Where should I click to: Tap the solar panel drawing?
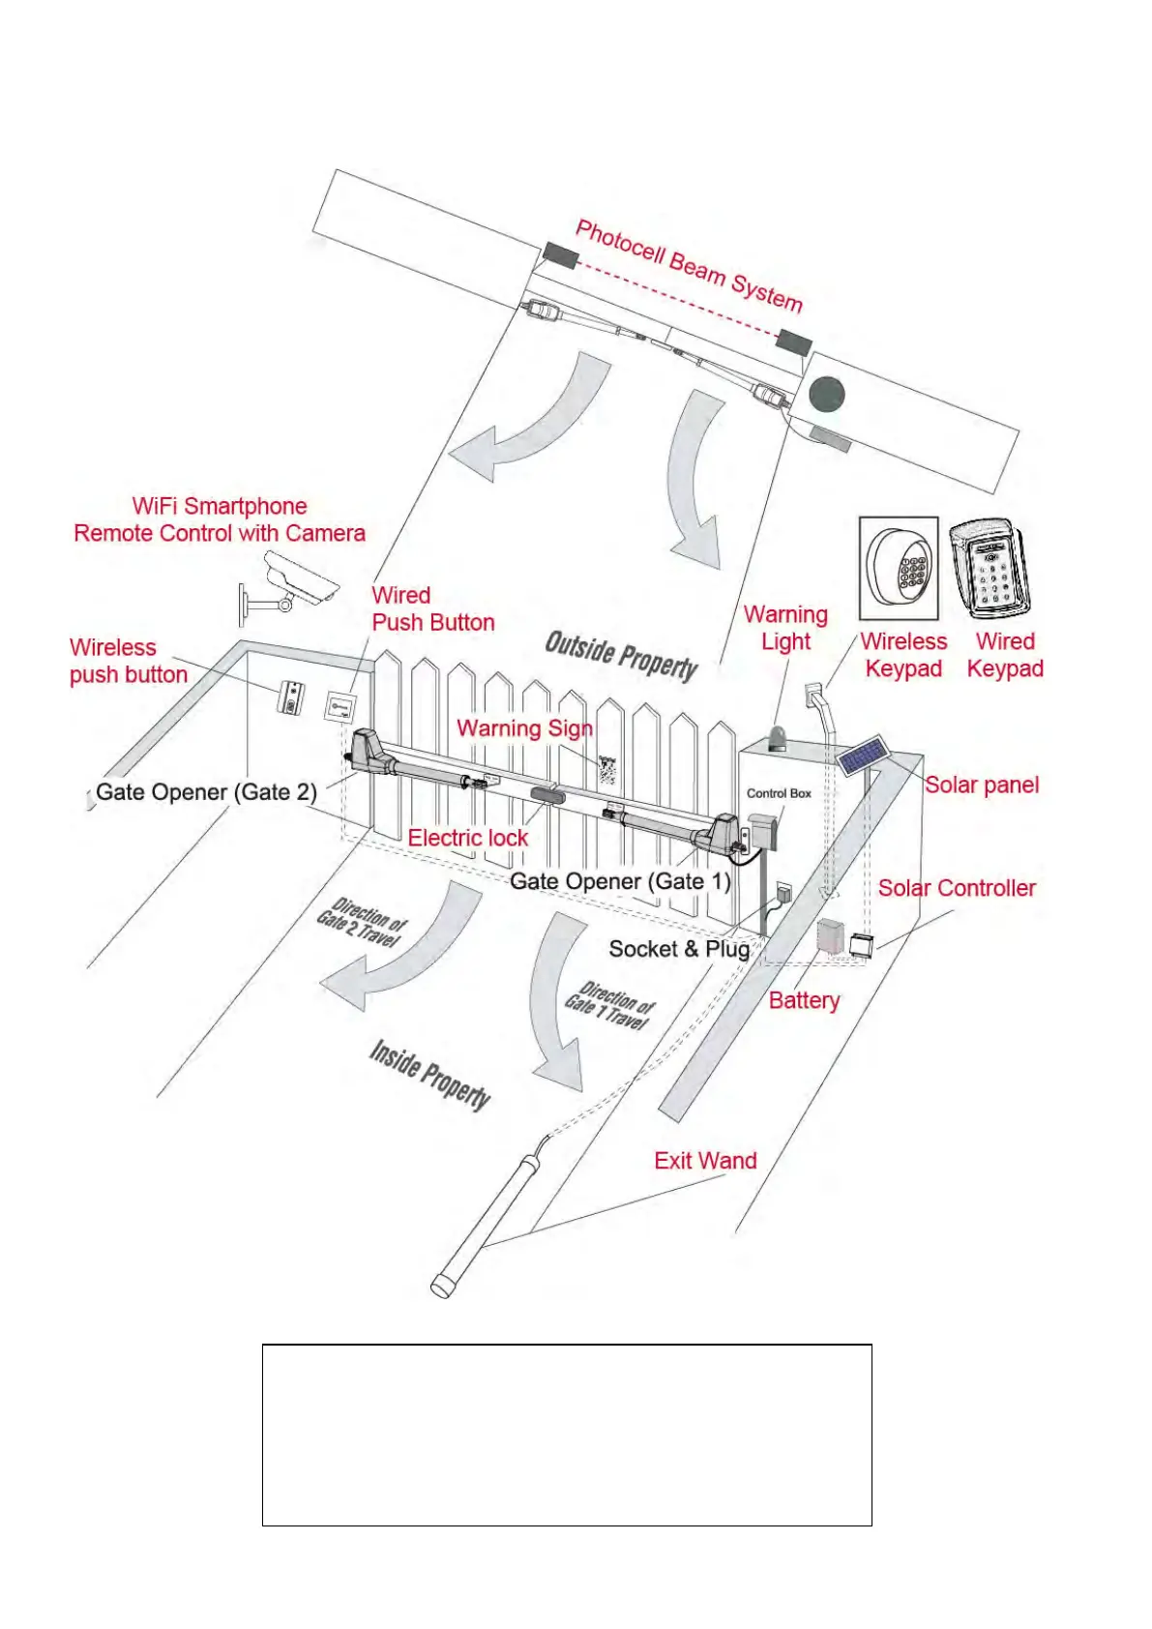coord(861,755)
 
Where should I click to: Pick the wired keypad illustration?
coord(990,569)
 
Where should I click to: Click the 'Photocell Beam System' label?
coord(689,265)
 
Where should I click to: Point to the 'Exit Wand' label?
coord(705,1161)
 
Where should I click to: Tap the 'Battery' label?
coord(804,1000)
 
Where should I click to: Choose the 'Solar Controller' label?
coord(956,888)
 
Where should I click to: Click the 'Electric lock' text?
coord(468,838)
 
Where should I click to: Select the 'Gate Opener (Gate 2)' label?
coord(206,792)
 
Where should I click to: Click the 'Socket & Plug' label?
coord(679,949)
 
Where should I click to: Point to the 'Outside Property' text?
coord(621,655)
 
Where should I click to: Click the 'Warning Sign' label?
coord(524,728)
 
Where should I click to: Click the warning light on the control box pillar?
coord(777,740)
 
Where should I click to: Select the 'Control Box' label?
coord(779,793)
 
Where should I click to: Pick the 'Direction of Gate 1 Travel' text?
coord(609,1006)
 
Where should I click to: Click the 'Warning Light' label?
coord(785,628)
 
